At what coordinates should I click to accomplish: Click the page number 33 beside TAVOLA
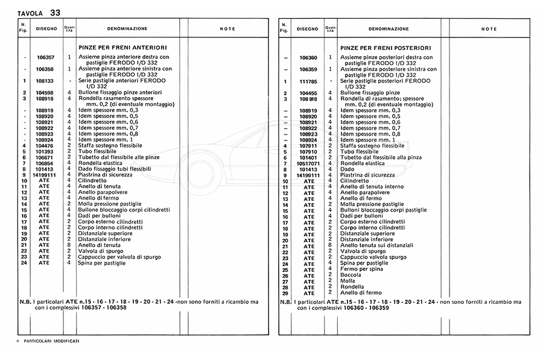pos(55,12)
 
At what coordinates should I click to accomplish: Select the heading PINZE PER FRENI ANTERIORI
pos(123,47)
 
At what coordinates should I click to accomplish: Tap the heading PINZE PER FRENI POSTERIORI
pos(385,47)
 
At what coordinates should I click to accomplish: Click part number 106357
pos(45,57)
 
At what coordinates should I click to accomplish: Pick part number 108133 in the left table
pos(45,81)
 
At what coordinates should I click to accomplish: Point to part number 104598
pos(45,92)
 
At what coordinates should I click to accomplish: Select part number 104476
pos(45,145)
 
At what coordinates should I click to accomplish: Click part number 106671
pos(45,157)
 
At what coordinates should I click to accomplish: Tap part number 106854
pos(45,163)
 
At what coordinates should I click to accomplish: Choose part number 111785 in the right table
pos(308,81)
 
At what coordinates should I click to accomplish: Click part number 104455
pos(308,93)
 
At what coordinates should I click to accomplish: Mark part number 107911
pos(308,145)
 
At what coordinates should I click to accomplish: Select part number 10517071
pos(308,163)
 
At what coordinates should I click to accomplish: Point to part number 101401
pos(308,157)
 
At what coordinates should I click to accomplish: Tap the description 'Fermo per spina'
pos(361,269)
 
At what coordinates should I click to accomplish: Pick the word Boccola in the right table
pos(351,275)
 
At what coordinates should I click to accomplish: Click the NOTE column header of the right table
pos(489,29)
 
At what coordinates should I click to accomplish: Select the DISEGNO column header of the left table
pos(46,28)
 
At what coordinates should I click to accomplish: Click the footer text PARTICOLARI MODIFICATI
pos(51,341)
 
